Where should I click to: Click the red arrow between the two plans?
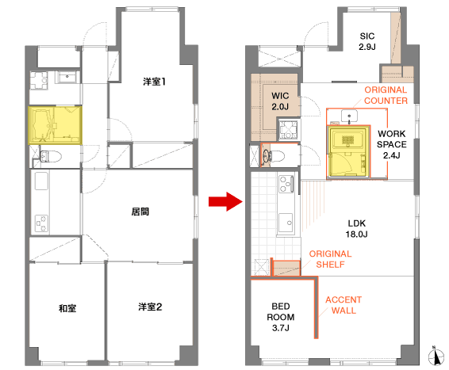[x=225, y=201]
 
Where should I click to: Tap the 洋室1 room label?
[x=155, y=82]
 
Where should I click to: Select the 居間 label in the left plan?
[x=140, y=212]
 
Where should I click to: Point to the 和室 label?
[x=67, y=308]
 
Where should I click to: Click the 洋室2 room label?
[x=151, y=307]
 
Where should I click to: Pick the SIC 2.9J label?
[x=367, y=41]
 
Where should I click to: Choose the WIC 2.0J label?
[x=280, y=101]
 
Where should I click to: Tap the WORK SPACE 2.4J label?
[x=391, y=144]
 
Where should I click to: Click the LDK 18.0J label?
[x=356, y=229]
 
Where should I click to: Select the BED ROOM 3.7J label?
[x=281, y=317]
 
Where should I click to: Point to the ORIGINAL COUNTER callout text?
[x=386, y=95]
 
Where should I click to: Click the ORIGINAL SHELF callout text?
[x=331, y=259]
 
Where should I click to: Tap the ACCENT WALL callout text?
[x=343, y=305]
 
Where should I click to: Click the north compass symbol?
[x=436, y=356]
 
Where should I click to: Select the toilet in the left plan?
[x=51, y=156]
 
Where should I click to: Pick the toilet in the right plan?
[x=274, y=156]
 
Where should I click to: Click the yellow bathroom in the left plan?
[x=55, y=125]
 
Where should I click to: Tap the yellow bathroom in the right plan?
[x=348, y=152]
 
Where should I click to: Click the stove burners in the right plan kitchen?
[x=286, y=184]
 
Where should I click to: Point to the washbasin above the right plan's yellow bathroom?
[x=349, y=116]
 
